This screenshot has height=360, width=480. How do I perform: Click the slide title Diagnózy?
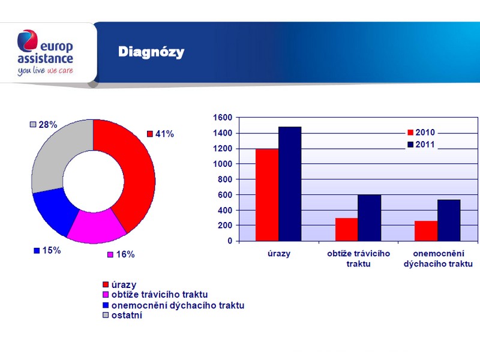(151, 52)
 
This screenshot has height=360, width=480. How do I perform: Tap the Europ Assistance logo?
(46, 52)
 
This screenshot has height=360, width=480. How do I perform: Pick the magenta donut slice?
(97, 227)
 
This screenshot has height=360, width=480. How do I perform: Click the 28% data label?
(43, 125)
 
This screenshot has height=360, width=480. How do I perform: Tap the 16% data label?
(121, 254)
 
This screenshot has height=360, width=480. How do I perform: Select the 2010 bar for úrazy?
(267, 195)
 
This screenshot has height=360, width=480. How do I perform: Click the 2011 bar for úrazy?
(290, 184)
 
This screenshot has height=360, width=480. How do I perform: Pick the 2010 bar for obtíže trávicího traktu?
(347, 230)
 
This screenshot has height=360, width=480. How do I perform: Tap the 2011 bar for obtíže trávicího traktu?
(370, 218)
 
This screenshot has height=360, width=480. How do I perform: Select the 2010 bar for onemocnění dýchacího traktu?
(426, 231)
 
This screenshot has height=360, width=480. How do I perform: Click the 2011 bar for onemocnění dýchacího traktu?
(449, 220)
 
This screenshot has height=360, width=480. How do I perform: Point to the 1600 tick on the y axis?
(223, 118)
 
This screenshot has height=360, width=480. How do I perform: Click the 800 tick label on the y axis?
(225, 179)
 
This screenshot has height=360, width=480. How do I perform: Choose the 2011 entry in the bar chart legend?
(421, 145)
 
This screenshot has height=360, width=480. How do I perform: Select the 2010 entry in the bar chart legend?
(421, 132)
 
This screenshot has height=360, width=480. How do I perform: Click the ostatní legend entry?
(122, 316)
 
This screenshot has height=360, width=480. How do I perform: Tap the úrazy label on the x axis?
(279, 254)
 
